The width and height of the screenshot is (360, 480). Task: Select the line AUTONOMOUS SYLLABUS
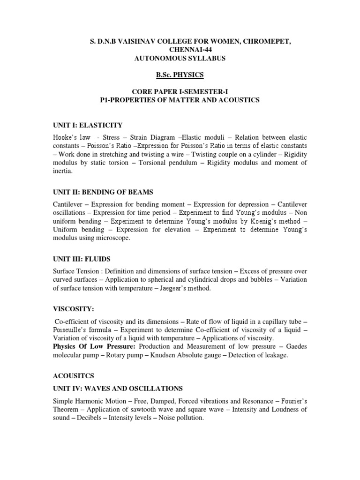coord(173,58)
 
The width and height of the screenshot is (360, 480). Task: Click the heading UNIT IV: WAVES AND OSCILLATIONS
coord(118,389)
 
